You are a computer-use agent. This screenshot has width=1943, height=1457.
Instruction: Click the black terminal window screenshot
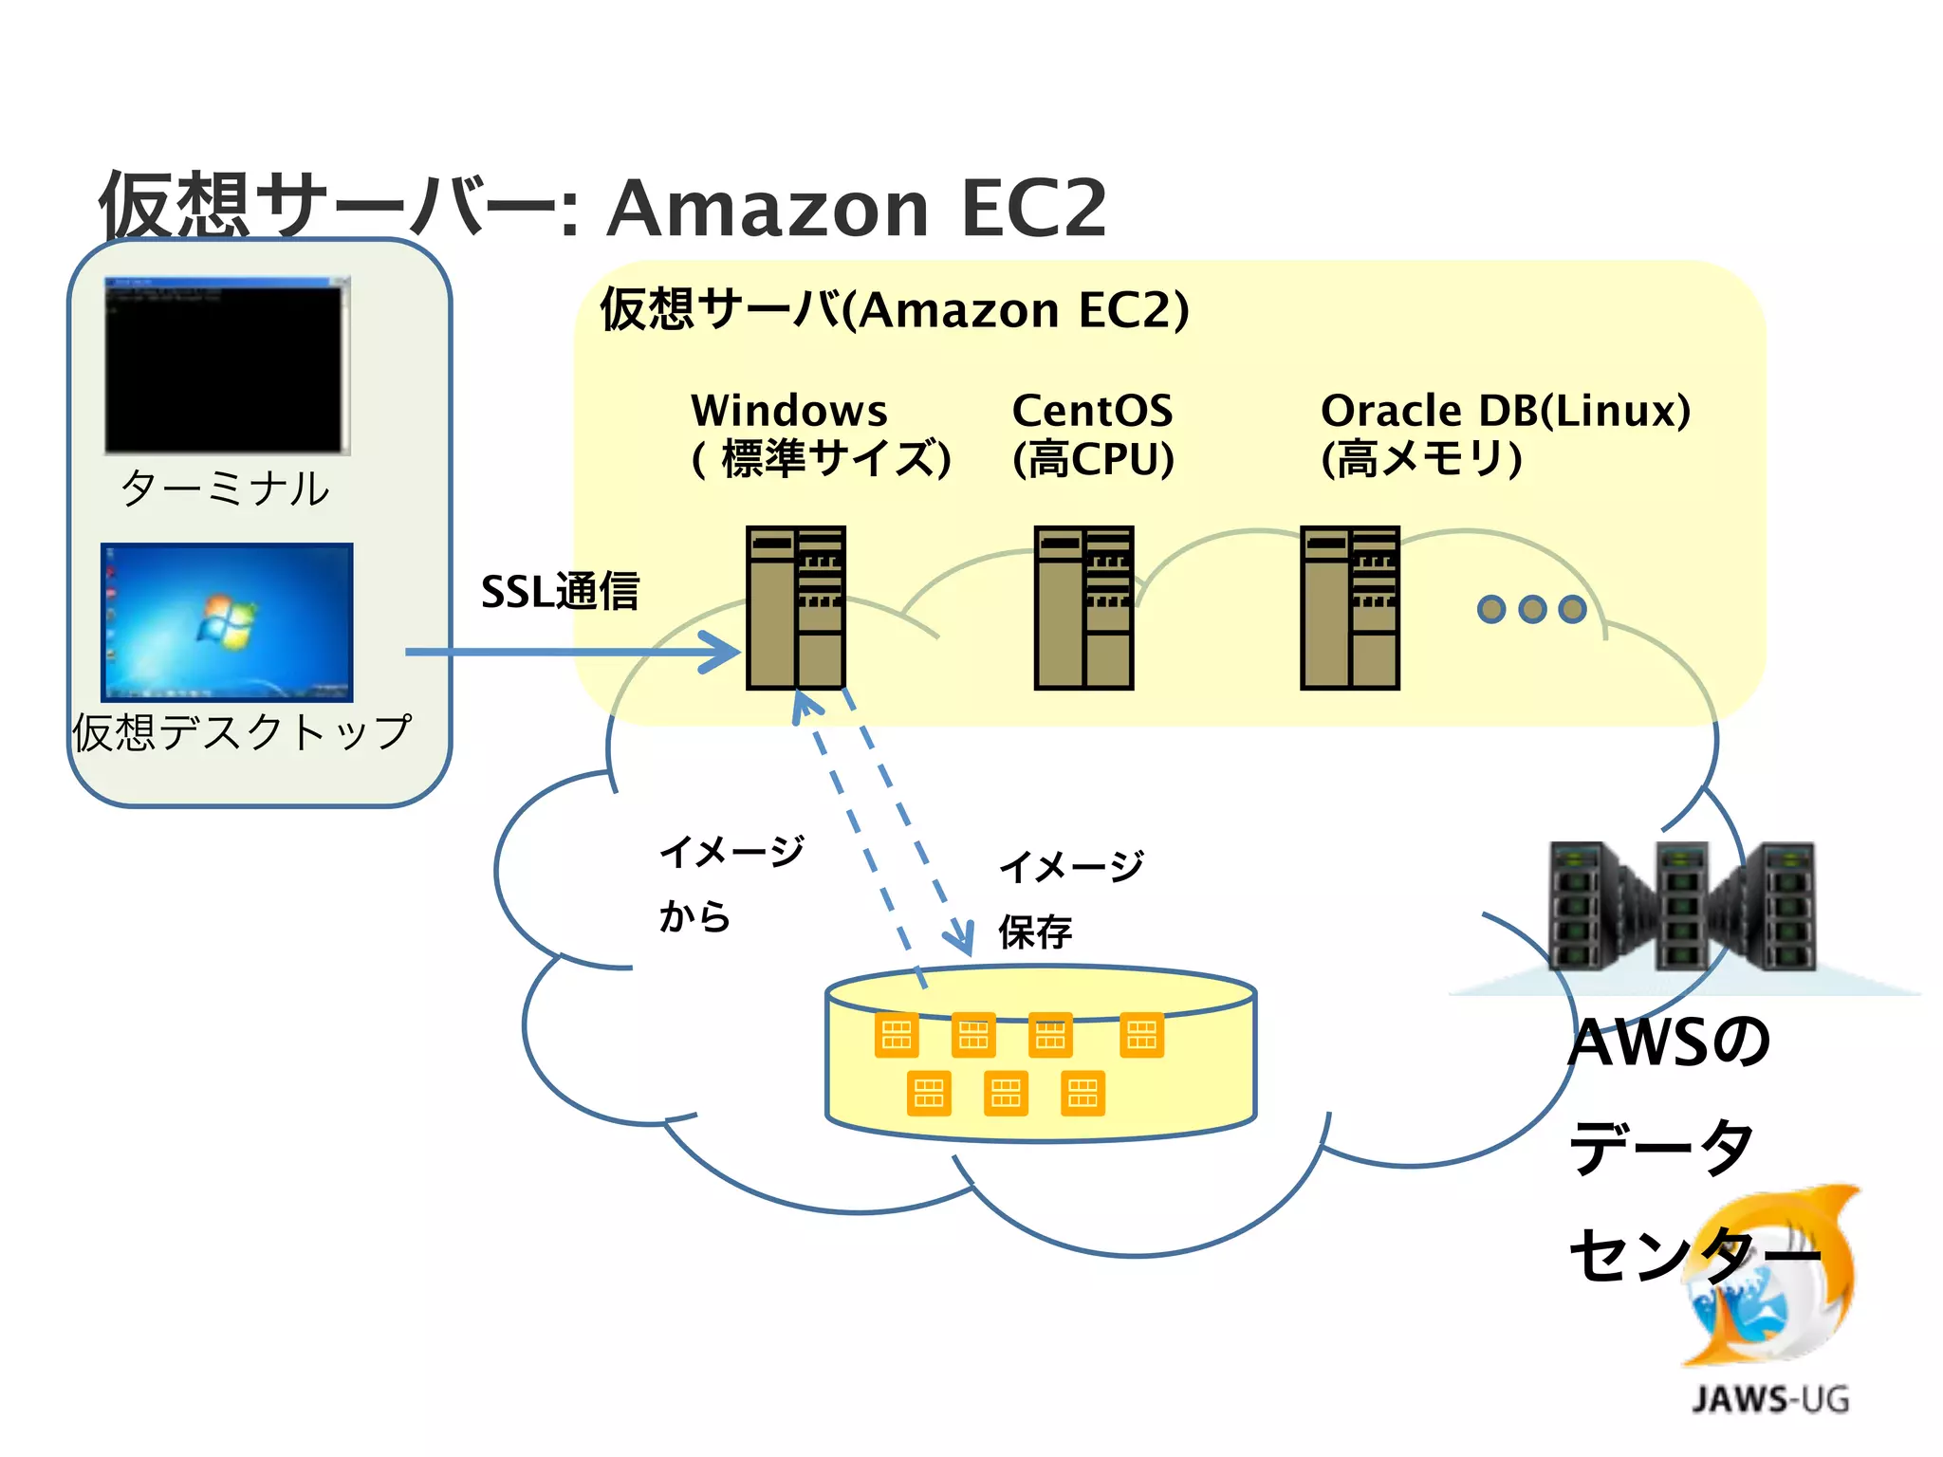227,365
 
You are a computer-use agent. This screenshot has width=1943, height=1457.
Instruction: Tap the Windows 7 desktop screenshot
227,622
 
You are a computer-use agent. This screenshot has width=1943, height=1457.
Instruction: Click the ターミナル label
225,489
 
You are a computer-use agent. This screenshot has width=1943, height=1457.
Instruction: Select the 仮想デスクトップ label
243,733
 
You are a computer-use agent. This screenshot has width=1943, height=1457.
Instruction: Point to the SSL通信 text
560,592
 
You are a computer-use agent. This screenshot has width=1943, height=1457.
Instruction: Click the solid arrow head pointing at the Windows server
726,653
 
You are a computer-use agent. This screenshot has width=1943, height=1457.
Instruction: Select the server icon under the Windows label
795,607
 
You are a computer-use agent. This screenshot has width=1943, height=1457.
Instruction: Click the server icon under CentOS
1083,607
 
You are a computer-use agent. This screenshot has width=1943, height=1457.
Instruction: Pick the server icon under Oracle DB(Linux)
1349,607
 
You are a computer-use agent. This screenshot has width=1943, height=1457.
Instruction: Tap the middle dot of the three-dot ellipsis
1532,608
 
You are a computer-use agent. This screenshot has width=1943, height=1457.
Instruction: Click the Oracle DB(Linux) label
1505,412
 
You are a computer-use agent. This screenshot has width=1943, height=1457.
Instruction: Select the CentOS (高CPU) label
1093,434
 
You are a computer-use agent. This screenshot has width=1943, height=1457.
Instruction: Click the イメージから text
731,883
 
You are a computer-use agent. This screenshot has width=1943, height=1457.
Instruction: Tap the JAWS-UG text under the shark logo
1770,1399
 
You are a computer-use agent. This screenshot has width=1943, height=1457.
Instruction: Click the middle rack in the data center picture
1682,906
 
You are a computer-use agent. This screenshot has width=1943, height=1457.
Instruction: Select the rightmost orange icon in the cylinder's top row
1141,1035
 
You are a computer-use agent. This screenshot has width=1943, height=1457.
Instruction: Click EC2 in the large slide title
1033,208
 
